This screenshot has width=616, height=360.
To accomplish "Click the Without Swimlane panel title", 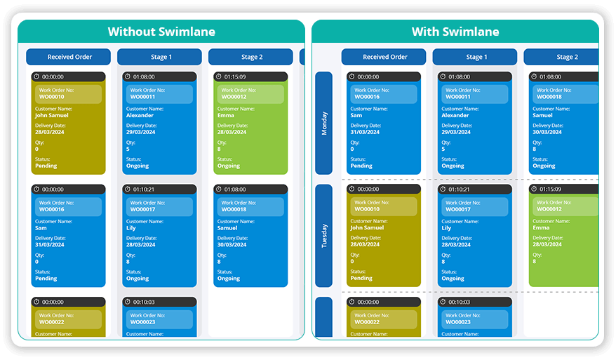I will [161, 32].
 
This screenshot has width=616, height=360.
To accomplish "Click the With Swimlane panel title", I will [455, 32].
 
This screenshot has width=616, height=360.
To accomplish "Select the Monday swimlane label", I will [323, 123].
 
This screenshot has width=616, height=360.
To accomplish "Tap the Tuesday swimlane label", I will [323, 236].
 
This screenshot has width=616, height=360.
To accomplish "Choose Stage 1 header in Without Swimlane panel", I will [160, 57].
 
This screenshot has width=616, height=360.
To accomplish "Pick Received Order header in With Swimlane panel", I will [384, 57].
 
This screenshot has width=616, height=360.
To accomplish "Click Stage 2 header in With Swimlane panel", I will [566, 57].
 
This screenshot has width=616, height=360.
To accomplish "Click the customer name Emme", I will [225, 115].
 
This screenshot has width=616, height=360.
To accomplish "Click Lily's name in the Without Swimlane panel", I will [131, 227].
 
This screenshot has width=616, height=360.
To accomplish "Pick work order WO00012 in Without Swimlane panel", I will [234, 97].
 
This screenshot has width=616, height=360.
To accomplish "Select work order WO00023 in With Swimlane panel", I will [461, 322].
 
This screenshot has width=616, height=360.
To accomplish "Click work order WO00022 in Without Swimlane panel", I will [52, 322].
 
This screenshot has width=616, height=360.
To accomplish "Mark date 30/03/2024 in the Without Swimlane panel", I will [232, 244].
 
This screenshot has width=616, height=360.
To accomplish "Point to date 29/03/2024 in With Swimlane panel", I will [457, 132].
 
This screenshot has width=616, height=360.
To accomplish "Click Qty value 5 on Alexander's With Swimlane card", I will [443, 149].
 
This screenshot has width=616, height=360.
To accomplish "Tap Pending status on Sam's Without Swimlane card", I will [46, 278].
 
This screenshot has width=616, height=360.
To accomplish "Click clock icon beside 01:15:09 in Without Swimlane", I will [218, 76].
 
